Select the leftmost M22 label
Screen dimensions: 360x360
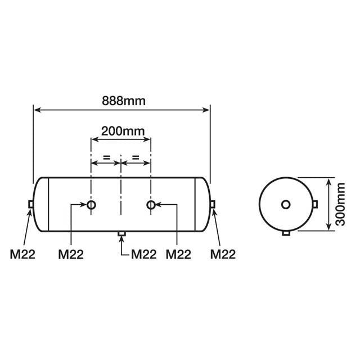[x=22, y=254]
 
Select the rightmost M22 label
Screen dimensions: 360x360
[x=223, y=254]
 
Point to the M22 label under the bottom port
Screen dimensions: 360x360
[x=143, y=254]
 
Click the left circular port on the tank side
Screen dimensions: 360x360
[x=92, y=205]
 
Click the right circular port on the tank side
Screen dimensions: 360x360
[x=151, y=205]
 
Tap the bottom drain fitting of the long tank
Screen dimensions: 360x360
[x=121, y=233]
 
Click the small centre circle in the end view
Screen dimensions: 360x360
[x=286, y=204]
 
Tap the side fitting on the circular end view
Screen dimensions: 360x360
[x=316, y=204]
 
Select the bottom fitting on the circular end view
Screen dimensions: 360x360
[x=286, y=233]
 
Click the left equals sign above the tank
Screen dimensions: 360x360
[x=106, y=156]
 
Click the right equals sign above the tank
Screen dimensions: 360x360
[x=136, y=156]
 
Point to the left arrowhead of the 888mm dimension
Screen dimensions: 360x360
[x=37, y=110]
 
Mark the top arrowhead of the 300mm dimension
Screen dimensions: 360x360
[x=327, y=180]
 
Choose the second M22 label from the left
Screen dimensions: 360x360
[x=71, y=254]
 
